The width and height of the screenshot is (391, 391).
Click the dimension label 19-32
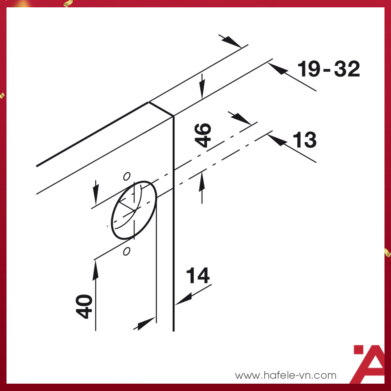pos(329,69)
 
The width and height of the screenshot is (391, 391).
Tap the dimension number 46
pos(203,135)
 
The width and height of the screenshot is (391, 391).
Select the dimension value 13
pos(304,140)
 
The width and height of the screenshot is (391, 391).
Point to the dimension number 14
pos(198,276)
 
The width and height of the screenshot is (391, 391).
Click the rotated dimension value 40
pos(85,307)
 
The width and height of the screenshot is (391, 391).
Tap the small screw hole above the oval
pos(127,176)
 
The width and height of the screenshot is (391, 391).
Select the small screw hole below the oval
pos(127,251)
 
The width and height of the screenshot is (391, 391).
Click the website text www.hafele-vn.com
pos(286,375)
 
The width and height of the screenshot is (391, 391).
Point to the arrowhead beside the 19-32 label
pos(277,68)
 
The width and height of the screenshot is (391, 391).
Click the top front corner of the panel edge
pos(174,116)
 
